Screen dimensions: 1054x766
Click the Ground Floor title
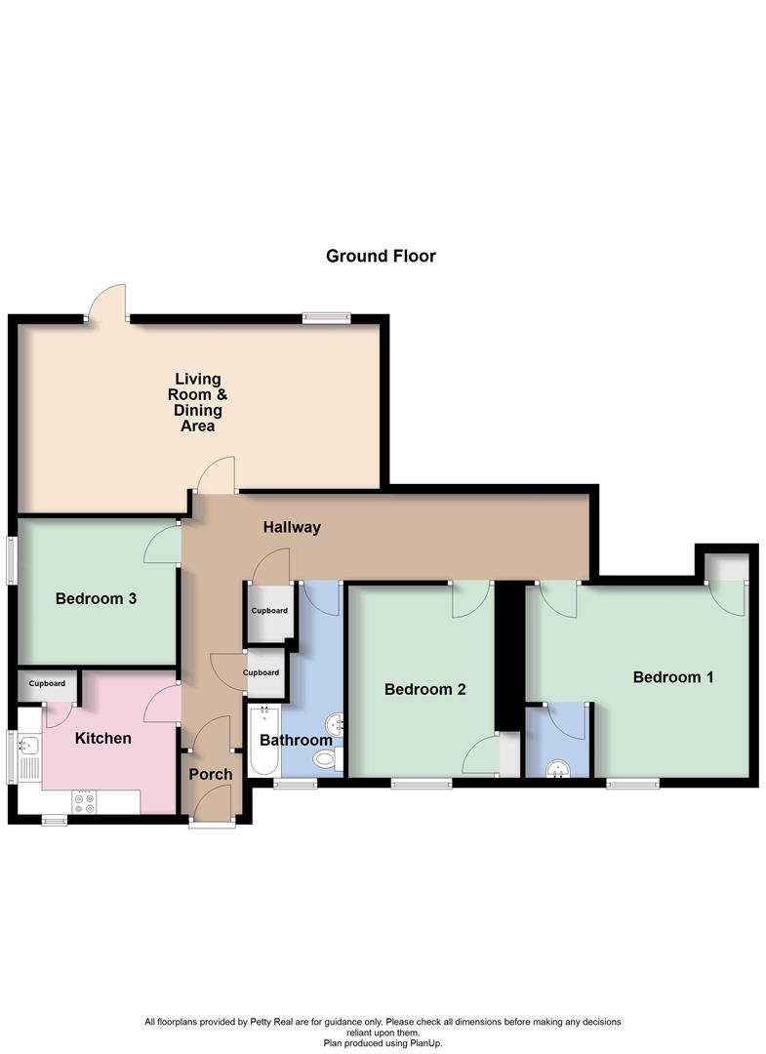381,257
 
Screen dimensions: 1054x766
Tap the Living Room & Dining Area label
198,402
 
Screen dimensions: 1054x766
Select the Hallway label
292,528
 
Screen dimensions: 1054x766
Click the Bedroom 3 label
96,598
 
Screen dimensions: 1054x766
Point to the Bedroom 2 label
424,689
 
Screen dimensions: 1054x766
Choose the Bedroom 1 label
673,676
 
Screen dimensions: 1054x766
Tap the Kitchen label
103,738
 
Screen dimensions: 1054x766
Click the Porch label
211,775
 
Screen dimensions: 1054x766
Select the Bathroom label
296,741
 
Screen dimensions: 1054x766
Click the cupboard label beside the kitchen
47,684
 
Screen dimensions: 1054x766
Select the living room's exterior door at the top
107,304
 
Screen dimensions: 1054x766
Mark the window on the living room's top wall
326,315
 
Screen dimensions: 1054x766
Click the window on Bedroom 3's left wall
13,562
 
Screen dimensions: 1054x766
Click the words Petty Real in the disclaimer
266,1022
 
